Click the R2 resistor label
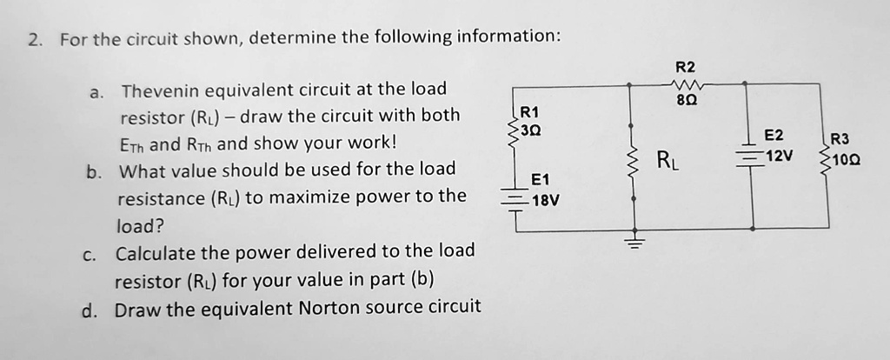[685, 67]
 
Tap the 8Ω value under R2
[686, 101]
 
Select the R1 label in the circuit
[529, 112]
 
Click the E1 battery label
[540, 180]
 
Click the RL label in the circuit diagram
[666, 159]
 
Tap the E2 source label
[773, 136]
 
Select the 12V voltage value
[780, 155]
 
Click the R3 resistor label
[841, 140]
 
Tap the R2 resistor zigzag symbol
[686, 84]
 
